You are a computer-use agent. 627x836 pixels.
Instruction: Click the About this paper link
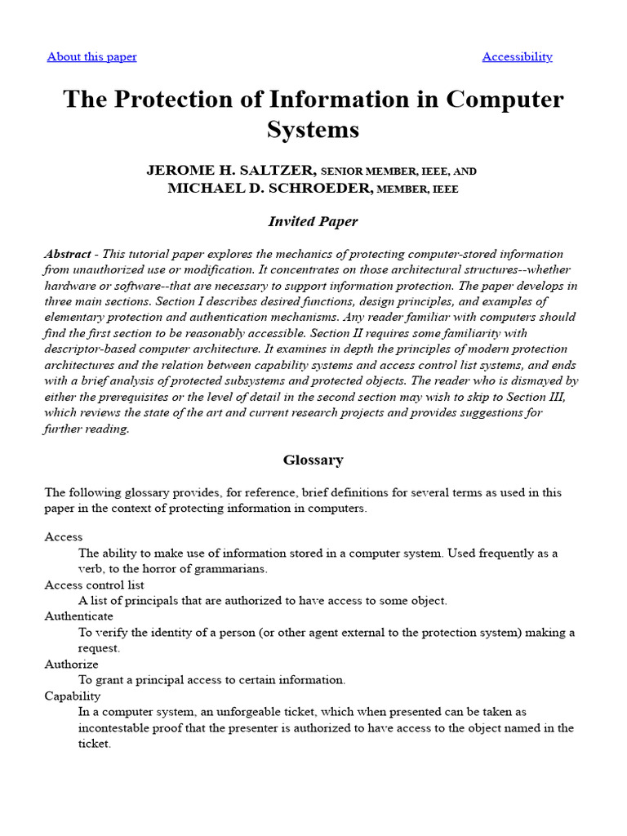(x=91, y=56)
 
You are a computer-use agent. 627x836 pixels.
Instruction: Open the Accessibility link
(x=517, y=56)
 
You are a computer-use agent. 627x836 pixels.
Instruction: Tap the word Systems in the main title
(x=313, y=130)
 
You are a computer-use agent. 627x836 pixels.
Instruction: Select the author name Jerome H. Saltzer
(x=231, y=171)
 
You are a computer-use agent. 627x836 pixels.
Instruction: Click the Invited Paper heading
(x=313, y=221)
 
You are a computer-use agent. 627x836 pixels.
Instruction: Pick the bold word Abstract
(x=68, y=254)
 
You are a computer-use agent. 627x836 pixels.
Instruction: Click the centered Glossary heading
(x=313, y=460)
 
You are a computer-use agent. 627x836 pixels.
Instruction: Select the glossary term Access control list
(x=94, y=585)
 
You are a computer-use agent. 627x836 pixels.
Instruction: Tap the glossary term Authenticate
(x=78, y=616)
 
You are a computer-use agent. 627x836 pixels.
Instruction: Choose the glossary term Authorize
(x=71, y=664)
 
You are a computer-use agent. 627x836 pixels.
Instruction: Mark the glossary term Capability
(x=73, y=696)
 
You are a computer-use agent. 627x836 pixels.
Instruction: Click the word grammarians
(x=232, y=568)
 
